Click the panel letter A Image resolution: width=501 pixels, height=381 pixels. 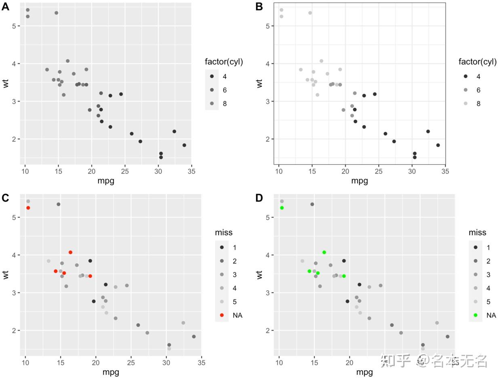pos(5,6)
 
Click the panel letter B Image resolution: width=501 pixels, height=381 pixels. pos(259,6)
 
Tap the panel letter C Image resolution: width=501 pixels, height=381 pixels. pos(5,198)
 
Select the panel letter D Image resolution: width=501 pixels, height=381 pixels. pos(259,198)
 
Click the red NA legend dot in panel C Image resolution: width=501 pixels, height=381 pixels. pos(222,315)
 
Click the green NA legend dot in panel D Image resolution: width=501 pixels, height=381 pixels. pos(476,315)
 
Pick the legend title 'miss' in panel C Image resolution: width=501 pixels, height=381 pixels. pos(223,232)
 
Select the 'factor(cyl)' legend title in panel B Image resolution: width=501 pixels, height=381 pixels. pos(477,62)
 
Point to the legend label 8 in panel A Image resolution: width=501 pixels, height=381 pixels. pos(225,104)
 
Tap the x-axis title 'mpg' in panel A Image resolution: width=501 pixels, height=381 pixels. pos(106,181)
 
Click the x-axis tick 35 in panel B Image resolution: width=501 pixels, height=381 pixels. pos(445,171)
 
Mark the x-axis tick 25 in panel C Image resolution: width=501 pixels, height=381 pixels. pos(131,362)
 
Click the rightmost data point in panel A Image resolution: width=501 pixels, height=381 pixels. pos(184,145)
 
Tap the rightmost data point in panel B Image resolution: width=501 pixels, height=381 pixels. pos(438,145)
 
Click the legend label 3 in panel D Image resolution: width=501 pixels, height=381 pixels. pos(488,274)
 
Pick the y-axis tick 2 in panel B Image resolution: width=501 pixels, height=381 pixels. pos(267,139)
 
